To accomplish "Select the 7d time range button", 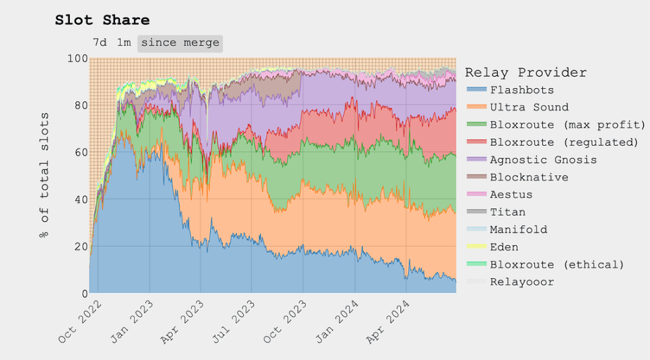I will (100, 42).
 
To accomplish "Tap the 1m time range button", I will (124, 42).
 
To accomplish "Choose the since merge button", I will (180, 42).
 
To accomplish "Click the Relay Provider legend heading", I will (525, 73).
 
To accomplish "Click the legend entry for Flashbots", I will (522, 90).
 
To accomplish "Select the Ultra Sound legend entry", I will (529, 107).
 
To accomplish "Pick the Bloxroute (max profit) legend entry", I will (568, 125).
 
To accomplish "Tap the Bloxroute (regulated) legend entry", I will (568, 142).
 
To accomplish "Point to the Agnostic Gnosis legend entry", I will (543, 160).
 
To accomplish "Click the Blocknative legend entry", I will (529, 178).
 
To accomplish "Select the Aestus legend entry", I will (511, 194).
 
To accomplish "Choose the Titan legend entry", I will (508, 212).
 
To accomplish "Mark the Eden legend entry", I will (504, 247).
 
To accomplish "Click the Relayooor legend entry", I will (522, 282).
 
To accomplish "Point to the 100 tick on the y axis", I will (78, 58).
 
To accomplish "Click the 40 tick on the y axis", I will (80, 199).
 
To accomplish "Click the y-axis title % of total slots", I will (44, 180).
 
